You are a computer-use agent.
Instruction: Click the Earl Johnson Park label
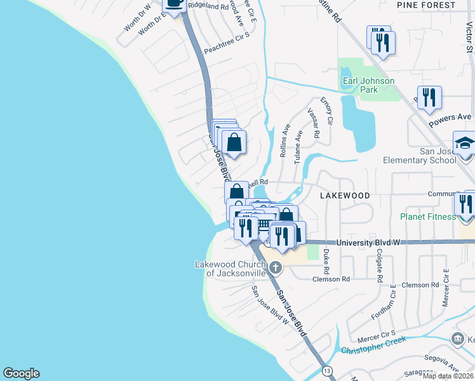(368, 85)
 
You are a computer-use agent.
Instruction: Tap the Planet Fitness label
(427, 217)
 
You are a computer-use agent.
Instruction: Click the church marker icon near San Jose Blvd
(278, 269)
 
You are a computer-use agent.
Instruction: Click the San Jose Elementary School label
(419, 156)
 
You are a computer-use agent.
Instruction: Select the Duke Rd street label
(326, 257)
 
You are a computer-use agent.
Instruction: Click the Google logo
(21, 373)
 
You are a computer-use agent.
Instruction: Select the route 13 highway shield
(327, 370)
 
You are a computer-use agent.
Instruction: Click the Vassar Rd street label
(312, 123)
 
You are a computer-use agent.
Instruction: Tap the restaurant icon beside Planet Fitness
(465, 204)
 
